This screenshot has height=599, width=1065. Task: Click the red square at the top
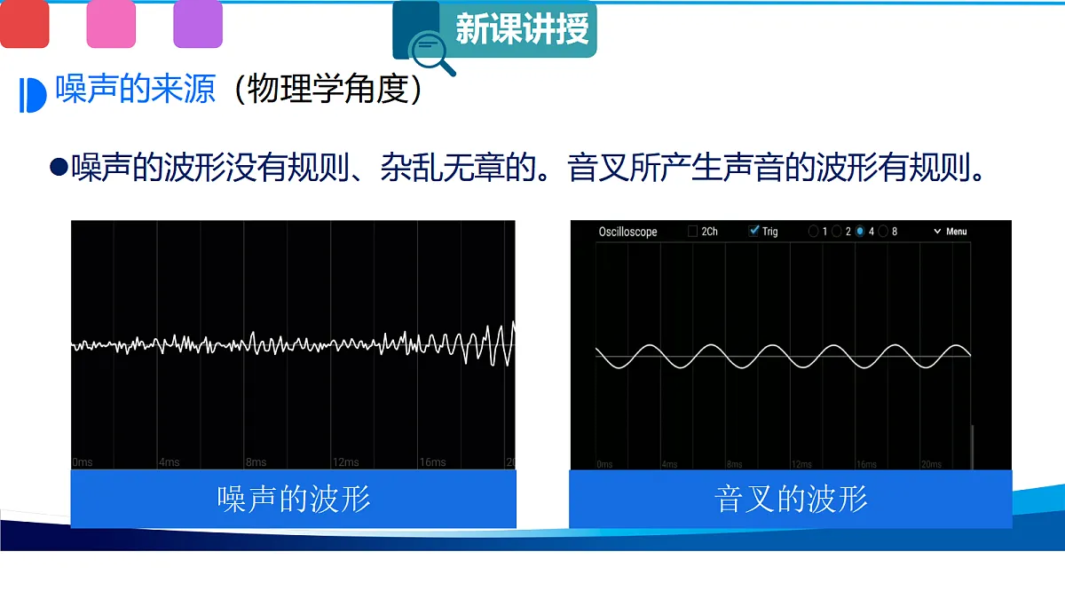pos(24,24)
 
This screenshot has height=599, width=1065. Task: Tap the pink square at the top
pos(111,24)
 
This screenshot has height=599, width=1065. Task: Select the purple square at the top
pos(197,24)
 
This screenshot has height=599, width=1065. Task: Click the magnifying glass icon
pos(431,50)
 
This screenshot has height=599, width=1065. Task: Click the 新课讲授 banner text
pos(522,29)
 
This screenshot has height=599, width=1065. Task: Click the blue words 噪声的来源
pos(136,90)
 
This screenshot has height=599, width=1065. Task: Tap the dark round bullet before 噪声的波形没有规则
pos(59,166)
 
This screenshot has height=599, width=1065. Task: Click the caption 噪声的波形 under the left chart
pos(294,499)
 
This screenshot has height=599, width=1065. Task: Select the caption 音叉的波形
pos(791,499)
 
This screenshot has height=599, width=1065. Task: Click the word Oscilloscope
pos(627,232)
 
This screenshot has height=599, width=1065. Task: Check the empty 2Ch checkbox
pos(693,232)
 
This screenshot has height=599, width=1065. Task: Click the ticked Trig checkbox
pos(754,232)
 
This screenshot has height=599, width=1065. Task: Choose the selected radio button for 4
pos(860,232)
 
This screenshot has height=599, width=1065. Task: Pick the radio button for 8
pos(883,232)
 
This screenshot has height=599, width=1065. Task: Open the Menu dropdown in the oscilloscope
pos(951,232)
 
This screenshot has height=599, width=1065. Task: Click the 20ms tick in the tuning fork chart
pos(931,464)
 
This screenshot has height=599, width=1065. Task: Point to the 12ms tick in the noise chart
pos(345,462)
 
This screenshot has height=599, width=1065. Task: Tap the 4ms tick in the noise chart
pos(169,462)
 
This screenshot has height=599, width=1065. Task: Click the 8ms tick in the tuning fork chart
pos(734,464)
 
